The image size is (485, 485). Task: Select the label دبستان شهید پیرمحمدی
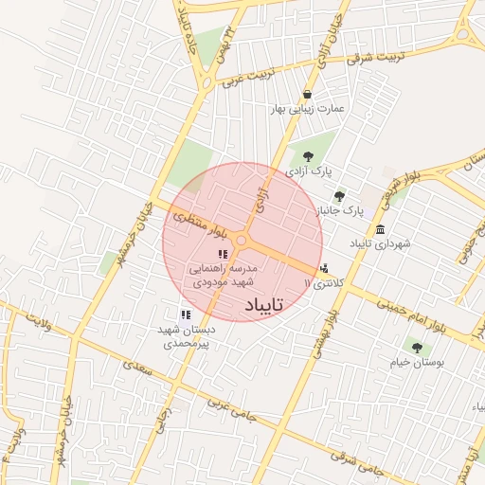189,336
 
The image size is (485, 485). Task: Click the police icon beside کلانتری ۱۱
326,268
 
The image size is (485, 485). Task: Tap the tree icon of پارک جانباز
339,196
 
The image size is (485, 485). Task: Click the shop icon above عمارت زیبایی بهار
308,94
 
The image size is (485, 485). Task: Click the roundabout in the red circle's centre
242,242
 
